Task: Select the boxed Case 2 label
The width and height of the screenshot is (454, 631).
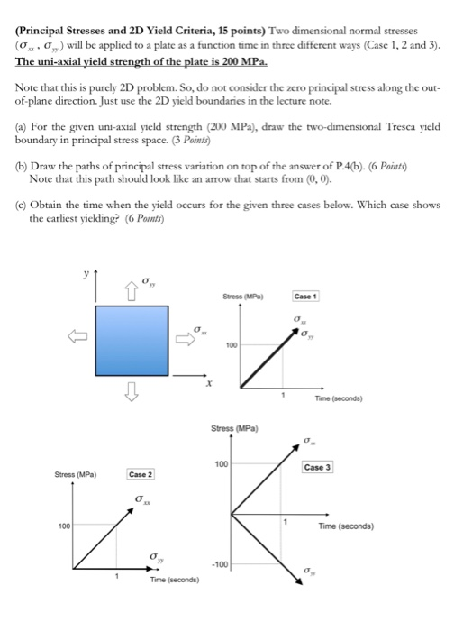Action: [141, 474]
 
